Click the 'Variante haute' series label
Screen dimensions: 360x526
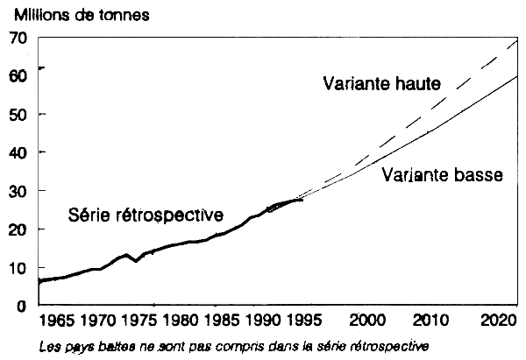click(x=380, y=84)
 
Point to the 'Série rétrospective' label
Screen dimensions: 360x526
click(x=146, y=215)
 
